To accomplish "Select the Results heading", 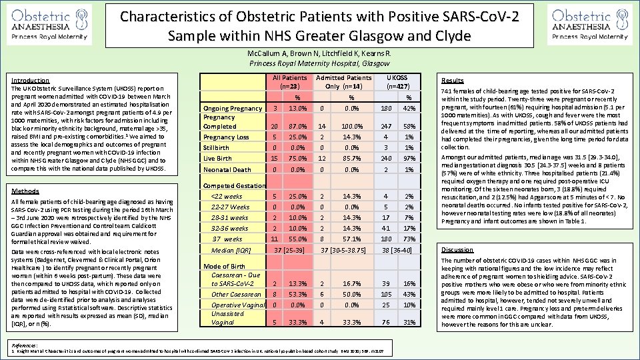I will click(x=453, y=79).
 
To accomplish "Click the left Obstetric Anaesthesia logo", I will click(x=51, y=24).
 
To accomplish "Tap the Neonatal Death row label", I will click(x=227, y=169).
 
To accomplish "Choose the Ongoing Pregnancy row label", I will click(x=233, y=109).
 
